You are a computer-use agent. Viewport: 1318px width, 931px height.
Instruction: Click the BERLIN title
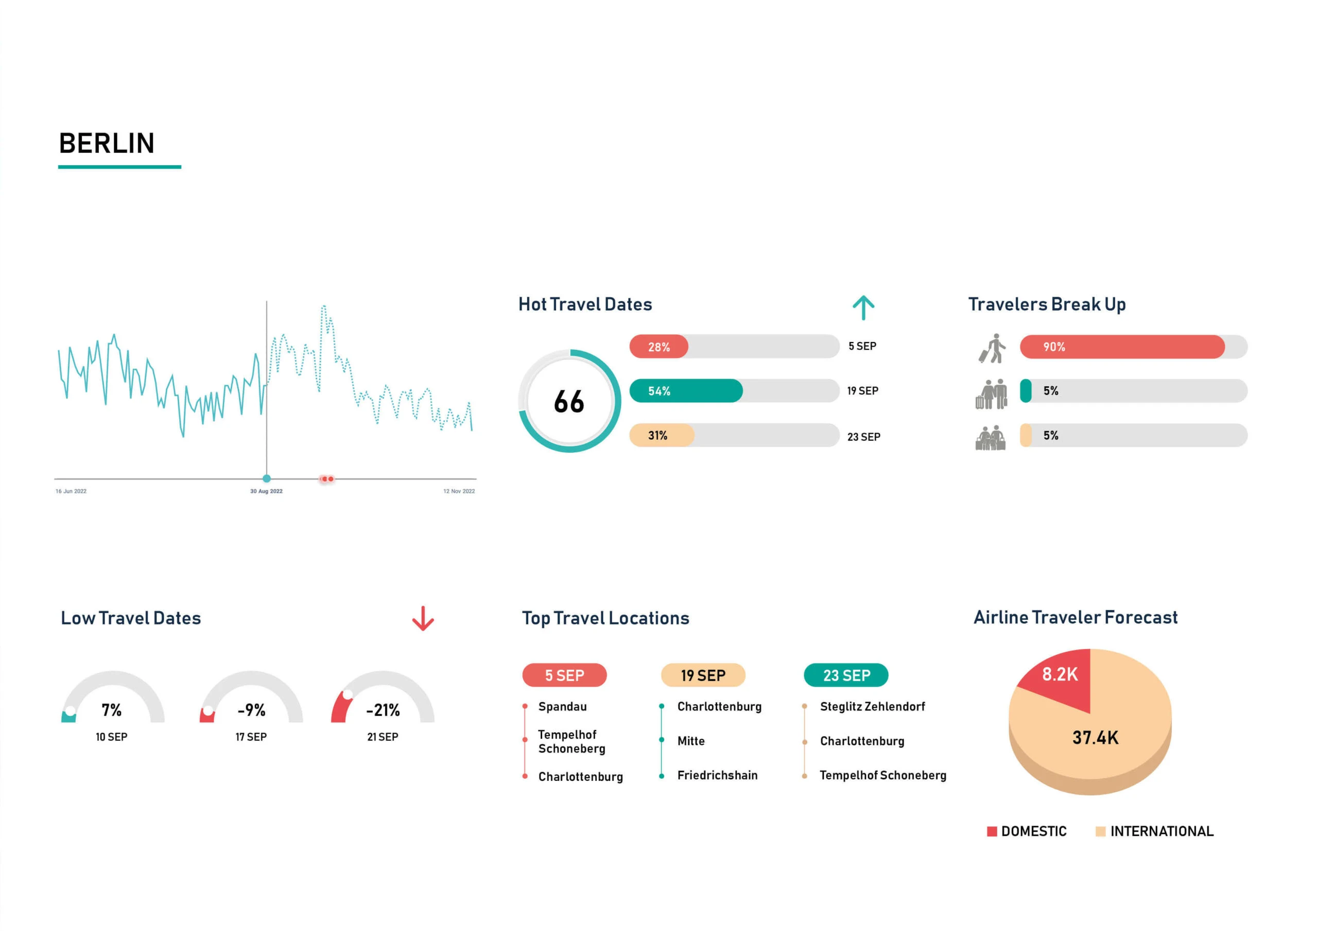coord(107,144)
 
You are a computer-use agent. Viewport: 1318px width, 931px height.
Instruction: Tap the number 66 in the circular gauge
coord(569,402)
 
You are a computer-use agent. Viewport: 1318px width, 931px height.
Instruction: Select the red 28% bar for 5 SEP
coord(659,347)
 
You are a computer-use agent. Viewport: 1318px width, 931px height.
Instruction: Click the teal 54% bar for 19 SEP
coord(686,390)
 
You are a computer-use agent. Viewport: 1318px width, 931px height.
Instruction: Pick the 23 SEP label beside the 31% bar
coord(863,437)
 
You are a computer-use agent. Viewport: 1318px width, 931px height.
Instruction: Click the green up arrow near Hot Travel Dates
coord(863,308)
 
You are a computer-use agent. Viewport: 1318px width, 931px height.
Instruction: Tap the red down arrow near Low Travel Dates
coord(423,618)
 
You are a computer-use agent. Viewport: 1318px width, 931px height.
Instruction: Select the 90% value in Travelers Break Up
coord(1054,347)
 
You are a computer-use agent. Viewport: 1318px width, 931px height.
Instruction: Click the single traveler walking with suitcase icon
coord(993,348)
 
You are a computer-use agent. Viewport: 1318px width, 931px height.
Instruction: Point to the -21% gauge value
coord(383,710)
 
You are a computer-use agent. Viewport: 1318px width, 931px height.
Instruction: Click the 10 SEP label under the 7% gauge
coord(111,737)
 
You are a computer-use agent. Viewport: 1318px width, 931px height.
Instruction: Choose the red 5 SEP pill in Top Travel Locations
coord(564,675)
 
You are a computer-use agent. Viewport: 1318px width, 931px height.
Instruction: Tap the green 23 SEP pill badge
coord(846,675)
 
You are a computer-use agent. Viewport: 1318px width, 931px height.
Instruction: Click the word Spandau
coord(562,707)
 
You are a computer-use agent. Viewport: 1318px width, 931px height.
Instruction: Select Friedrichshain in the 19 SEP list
coord(717,776)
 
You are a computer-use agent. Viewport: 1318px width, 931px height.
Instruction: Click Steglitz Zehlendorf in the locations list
coord(872,707)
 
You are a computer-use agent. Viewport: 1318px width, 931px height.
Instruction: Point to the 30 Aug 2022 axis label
coord(266,491)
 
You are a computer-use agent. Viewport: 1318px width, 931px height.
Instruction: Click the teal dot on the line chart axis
coord(266,478)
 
